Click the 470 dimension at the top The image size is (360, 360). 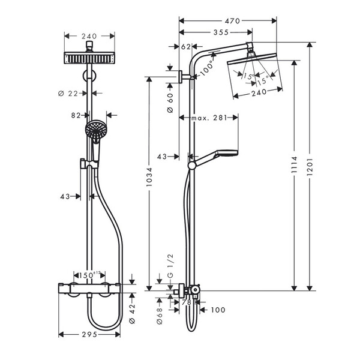tap(232, 21)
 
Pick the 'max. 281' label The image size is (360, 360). tap(208, 118)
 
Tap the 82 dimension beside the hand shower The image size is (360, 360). tap(77, 114)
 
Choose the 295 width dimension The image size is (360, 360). tap(89, 335)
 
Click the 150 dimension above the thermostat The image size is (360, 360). tap(89, 274)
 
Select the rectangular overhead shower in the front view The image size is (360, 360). tap(88, 59)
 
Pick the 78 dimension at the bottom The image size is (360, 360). tap(185, 303)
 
